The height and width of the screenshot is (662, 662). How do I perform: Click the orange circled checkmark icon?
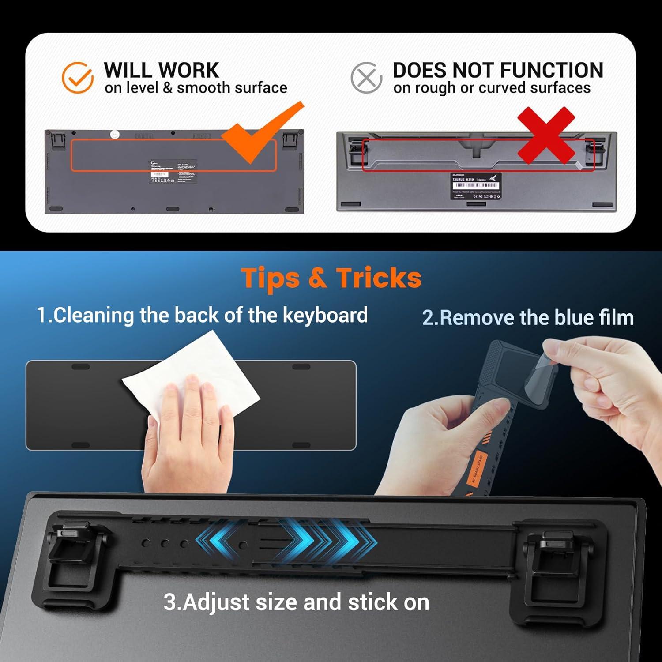[78, 78]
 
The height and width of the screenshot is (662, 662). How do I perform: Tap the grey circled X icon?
[366, 78]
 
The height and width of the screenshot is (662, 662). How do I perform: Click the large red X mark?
[546, 135]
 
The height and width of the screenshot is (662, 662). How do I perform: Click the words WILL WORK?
[161, 70]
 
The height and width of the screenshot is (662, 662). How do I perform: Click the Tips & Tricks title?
[331, 278]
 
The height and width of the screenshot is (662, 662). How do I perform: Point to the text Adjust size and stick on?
[296, 602]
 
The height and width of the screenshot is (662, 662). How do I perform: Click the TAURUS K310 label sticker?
[476, 186]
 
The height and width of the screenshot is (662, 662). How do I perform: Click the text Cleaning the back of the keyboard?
[202, 315]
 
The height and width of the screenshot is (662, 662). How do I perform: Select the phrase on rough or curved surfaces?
[492, 88]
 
